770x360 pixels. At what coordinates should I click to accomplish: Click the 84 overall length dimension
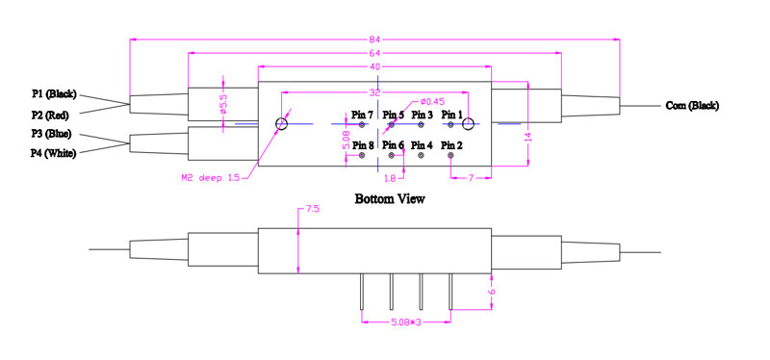coord(374,39)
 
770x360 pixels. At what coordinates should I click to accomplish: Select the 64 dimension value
coord(374,53)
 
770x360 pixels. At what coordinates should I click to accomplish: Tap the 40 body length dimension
coord(374,66)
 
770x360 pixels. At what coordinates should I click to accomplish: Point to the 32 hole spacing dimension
coord(374,92)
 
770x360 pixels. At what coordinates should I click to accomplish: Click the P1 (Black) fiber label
coord(54,93)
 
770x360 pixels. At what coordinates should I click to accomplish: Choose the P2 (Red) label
coord(51,116)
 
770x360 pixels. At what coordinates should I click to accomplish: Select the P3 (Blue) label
coord(52,134)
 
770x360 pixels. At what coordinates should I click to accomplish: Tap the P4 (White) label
coord(54,154)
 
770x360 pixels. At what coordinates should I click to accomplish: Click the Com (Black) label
coord(692,105)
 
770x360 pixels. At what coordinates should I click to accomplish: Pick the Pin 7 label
coord(363,115)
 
